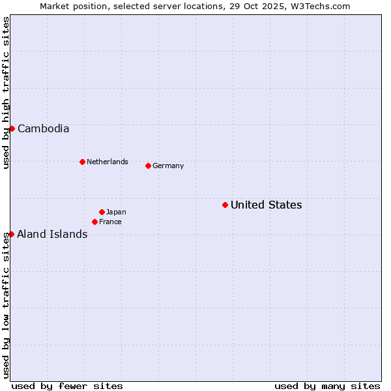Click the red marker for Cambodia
pyautogui.click(x=12, y=128)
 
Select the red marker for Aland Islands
pyautogui.click(x=11, y=234)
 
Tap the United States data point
pyautogui.click(x=225, y=205)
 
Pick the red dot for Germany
pyautogui.click(x=148, y=166)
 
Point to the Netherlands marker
pyautogui.click(x=82, y=162)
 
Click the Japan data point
pyautogui.click(x=102, y=212)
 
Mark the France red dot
pyautogui.click(x=94, y=222)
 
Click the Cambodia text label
pyautogui.click(x=43, y=128)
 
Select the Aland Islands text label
pyautogui.click(x=52, y=234)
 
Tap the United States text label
pyautogui.click(x=266, y=205)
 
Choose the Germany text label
pyautogui.click(x=168, y=166)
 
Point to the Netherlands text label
pyautogui.click(x=108, y=162)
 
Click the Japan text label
pyautogui.click(x=116, y=212)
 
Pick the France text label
pyautogui.click(x=110, y=222)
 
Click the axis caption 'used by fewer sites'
pyautogui.click(x=67, y=386)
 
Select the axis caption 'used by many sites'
pyautogui.click(x=327, y=386)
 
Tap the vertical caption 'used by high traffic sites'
pyautogui.click(x=6, y=93)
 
